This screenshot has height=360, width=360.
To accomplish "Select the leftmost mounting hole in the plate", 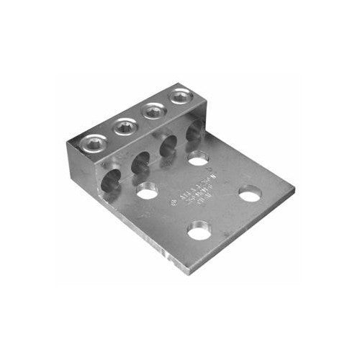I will [148, 192].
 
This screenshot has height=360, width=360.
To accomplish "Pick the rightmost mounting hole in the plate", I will [251, 194].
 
